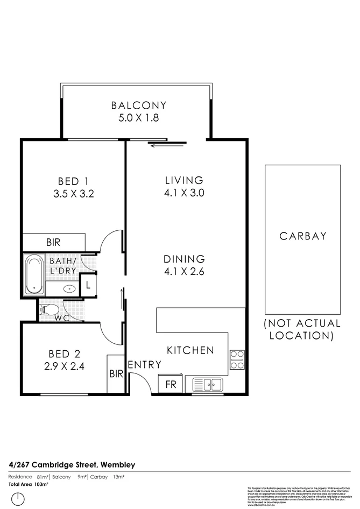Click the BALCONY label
point(138,105)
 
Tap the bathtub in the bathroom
point(34,274)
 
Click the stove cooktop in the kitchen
point(237,359)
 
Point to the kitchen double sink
point(208,384)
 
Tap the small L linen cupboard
point(88,285)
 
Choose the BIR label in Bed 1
point(53,243)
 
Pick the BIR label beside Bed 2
point(116,373)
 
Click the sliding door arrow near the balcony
point(168,144)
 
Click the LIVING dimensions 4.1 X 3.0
point(184,193)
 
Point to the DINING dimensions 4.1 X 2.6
point(184,272)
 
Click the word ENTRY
point(145,365)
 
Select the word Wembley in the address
point(117,464)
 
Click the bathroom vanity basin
point(69,289)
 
